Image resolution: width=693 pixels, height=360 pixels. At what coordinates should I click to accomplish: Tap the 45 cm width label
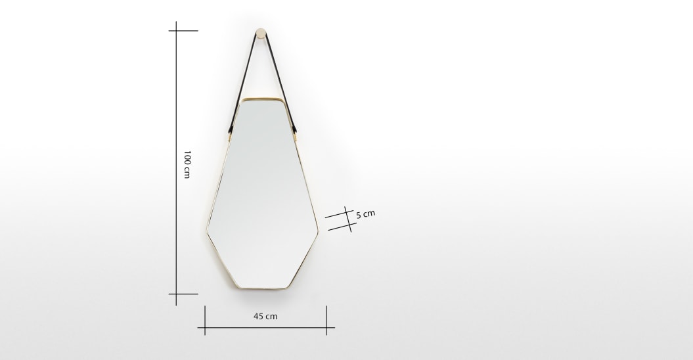(x=265, y=316)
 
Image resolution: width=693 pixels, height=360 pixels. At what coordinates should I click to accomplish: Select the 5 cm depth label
(x=365, y=214)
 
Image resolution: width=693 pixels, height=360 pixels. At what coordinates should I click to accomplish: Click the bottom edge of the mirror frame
(x=262, y=289)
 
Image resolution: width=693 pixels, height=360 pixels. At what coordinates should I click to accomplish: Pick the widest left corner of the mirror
(x=206, y=230)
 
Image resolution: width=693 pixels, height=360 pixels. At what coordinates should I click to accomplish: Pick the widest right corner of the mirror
(x=319, y=230)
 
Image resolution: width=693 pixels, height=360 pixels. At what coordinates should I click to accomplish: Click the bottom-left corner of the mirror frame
(x=236, y=287)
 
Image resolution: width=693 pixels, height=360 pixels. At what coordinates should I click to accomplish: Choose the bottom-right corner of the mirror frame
(x=289, y=287)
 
